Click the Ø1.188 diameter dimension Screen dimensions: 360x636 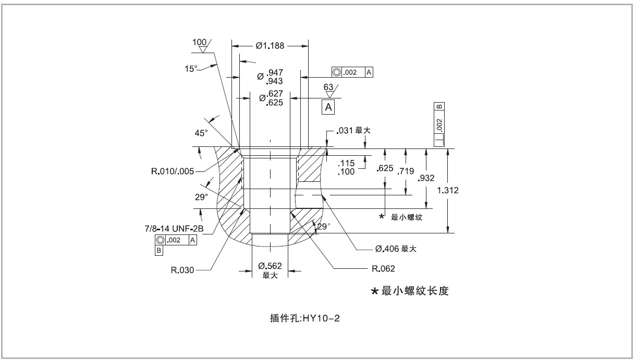pyautogui.click(x=270, y=46)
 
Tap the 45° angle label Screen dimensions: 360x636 pyautogui.click(x=201, y=133)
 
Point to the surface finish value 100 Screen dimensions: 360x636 pyautogui.click(x=199, y=42)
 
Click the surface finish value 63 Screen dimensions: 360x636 pyautogui.click(x=328, y=88)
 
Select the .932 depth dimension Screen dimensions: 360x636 pyautogui.click(x=425, y=179)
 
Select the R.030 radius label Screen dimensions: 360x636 pyautogui.click(x=182, y=270)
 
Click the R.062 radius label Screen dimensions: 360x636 pyautogui.click(x=383, y=269)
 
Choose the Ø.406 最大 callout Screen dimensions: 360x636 pyautogui.click(x=394, y=249)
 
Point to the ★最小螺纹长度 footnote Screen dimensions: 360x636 pyautogui.click(x=410, y=291)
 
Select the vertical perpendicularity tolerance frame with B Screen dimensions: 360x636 pyautogui.click(x=439, y=125)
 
